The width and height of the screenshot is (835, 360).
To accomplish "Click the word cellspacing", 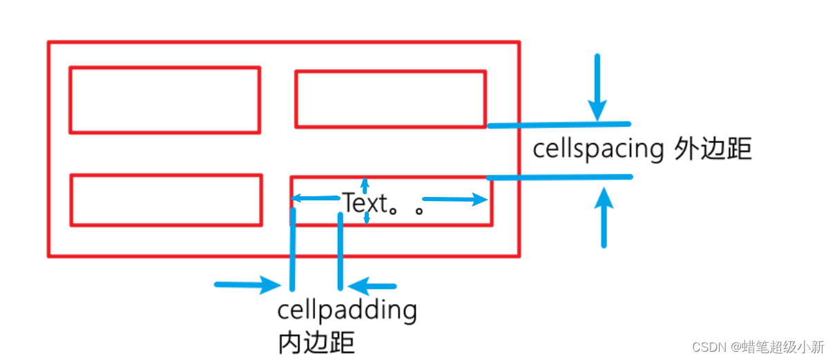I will pyautogui.click(x=598, y=150).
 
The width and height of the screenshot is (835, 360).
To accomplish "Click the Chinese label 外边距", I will pyautogui.click(x=712, y=150).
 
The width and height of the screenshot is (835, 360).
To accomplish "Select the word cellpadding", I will pyautogui.click(x=347, y=310).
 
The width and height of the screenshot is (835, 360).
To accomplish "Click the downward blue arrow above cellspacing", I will pyautogui.click(x=597, y=87).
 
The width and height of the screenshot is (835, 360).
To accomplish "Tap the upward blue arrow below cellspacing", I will pyautogui.click(x=604, y=218).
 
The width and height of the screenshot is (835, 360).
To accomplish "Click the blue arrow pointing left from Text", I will pyautogui.click(x=314, y=199).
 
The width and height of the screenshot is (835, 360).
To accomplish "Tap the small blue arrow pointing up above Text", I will pyautogui.click(x=365, y=185).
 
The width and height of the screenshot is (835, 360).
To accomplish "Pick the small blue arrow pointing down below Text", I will pyautogui.click(x=366, y=217).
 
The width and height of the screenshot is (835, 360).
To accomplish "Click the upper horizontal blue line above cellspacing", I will pyautogui.click(x=559, y=125).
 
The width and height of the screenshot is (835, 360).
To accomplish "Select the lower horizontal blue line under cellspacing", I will pyautogui.click(x=559, y=178).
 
